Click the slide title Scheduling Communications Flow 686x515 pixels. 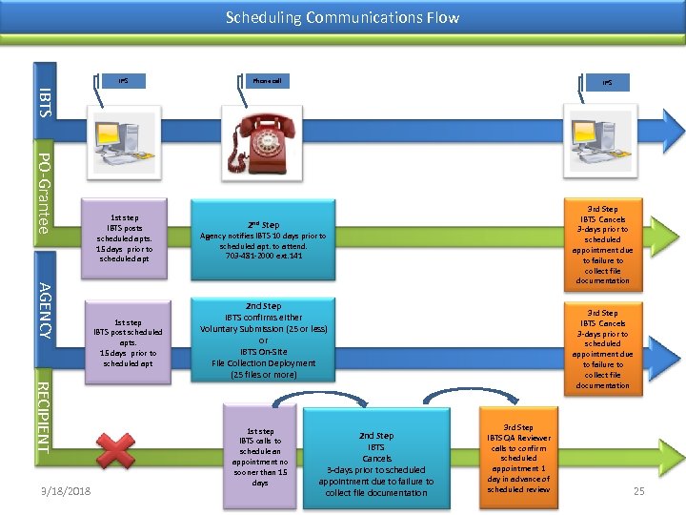[342, 17]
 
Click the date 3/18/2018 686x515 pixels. [61, 491]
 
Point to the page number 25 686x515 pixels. [638, 490]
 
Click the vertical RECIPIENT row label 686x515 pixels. [45, 416]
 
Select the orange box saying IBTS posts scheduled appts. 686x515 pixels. [125, 237]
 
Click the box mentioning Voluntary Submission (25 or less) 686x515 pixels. [264, 340]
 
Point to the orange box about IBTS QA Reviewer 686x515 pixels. [518, 459]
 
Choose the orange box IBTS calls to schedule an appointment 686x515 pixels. [260, 456]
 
